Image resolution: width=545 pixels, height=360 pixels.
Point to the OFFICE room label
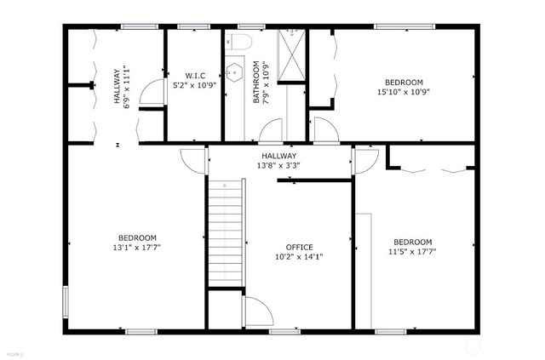click(x=299, y=247)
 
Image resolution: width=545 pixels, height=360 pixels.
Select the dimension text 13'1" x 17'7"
click(x=136, y=248)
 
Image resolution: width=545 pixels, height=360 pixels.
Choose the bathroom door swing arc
click(x=271, y=130)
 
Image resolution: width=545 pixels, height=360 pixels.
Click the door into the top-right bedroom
click(x=324, y=130)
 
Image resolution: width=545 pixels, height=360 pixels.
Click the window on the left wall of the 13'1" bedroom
click(x=66, y=301)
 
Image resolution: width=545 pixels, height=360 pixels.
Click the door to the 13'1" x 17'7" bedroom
click(x=194, y=160)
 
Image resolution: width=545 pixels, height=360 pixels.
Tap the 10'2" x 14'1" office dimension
click(x=299, y=257)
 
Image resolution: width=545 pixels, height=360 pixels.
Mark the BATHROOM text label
click(x=256, y=83)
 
